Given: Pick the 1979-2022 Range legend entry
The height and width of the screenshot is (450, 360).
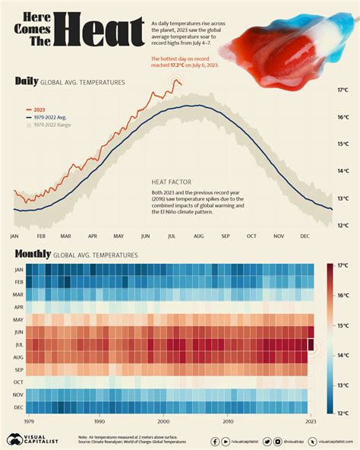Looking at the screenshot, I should click(x=55, y=127).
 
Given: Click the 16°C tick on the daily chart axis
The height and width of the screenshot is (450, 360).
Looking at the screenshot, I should click(x=343, y=117).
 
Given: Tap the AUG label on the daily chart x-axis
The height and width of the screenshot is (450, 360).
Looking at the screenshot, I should click(x=199, y=236).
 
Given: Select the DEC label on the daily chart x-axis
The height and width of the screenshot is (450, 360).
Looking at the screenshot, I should click(x=305, y=236).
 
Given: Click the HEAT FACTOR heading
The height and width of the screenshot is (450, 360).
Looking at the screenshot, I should click(x=171, y=182).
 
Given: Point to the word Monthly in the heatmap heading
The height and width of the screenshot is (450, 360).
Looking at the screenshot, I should click(x=33, y=255).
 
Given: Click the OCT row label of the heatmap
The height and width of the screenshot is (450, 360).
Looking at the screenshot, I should click(x=18, y=382).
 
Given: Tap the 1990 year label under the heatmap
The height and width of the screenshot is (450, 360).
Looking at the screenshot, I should click(x=99, y=420).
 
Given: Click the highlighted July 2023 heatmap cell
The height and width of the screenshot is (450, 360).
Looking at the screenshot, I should click(x=310, y=345).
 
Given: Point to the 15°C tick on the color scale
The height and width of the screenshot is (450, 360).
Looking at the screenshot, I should click(x=343, y=326).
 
